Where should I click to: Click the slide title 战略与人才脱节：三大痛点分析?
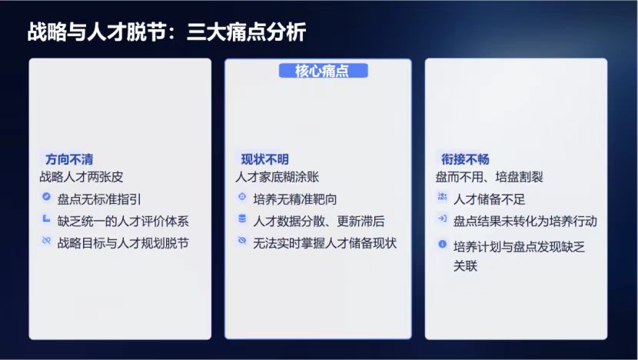click(166, 32)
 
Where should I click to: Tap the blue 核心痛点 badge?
click(323, 71)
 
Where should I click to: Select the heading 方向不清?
click(69, 159)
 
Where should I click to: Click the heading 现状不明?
click(265, 159)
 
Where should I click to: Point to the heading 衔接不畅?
click(465, 159)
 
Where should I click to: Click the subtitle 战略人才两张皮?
click(81, 177)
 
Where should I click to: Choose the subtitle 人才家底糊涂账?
click(277, 177)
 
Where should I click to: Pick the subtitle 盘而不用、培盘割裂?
click(489, 177)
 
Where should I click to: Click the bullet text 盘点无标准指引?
click(99, 199)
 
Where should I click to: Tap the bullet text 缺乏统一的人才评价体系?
click(123, 221)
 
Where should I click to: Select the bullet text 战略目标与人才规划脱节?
click(123, 243)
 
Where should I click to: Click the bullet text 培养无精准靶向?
click(295, 199)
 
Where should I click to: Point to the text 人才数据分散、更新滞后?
click(318, 221)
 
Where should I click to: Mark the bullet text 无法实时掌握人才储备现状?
click(324, 243)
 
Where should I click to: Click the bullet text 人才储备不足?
click(489, 199)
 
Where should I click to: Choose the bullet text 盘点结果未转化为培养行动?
click(525, 221)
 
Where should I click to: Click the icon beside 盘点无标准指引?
click(46, 197)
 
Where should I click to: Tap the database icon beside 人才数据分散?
click(242, 218)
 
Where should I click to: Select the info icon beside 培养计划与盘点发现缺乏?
click(442, 244)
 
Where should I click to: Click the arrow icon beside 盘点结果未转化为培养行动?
click(442, 218)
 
